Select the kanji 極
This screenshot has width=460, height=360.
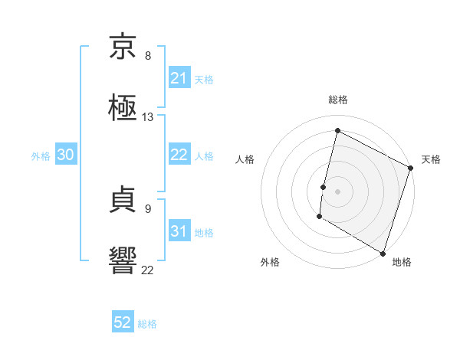123,108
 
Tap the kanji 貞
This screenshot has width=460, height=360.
123,201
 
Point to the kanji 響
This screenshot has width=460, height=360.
123,260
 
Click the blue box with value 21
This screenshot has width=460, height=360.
179,78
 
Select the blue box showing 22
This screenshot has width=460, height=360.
179,155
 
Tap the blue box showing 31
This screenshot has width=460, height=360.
179,231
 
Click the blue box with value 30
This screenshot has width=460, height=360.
66,155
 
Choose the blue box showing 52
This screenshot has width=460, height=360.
123,322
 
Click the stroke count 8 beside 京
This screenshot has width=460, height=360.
148,56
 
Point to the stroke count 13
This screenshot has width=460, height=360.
148,117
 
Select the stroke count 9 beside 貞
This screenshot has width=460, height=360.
148,208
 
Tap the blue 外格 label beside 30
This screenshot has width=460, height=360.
41,155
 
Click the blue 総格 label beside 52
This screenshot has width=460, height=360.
147,324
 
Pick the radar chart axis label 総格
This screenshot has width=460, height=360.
338,100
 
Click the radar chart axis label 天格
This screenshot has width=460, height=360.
431,159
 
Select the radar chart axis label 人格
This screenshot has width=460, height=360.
245,159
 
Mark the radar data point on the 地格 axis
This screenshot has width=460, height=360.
383,252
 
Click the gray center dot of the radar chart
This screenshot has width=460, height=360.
338,191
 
